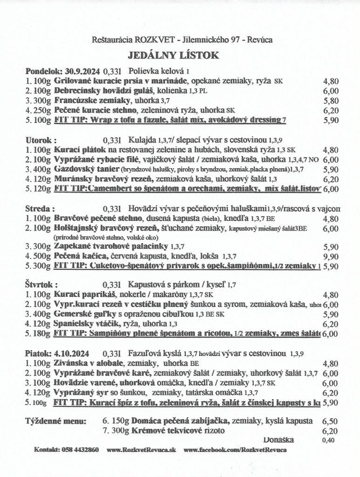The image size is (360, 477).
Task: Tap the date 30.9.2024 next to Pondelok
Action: click(x=81, y=72)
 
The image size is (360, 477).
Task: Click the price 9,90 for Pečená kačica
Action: click(x=330, y=256)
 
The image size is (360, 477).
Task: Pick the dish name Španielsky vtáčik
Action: click(x=82, y=323)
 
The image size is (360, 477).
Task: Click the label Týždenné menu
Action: click(x=55, y=421)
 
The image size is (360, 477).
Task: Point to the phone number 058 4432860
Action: click(x=79, y=450)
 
